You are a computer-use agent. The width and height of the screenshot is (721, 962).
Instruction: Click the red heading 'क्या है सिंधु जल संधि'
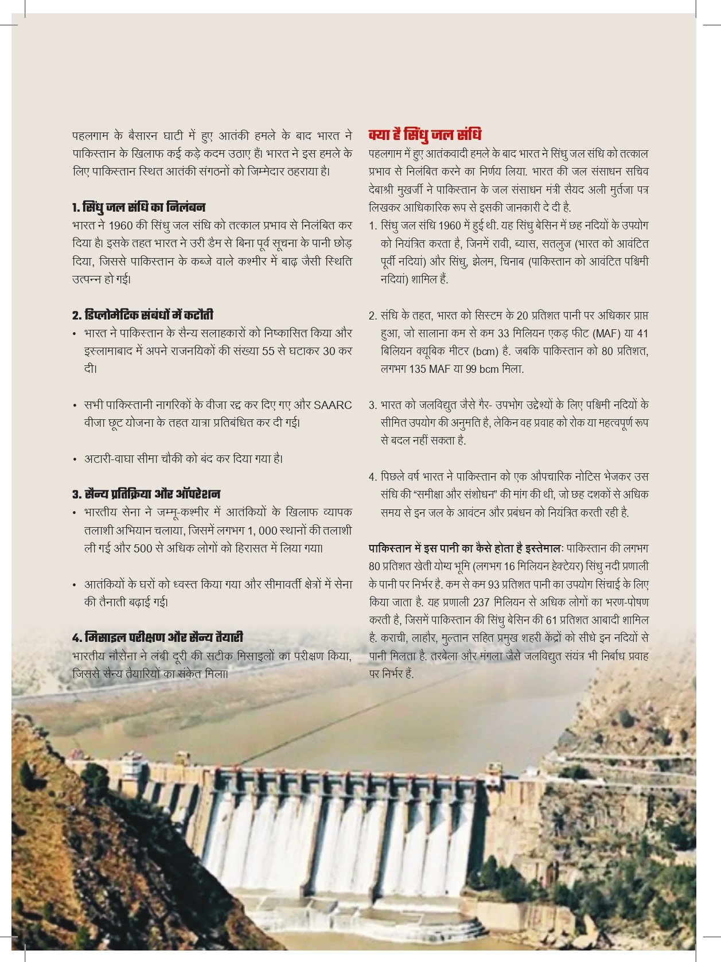tap(424, 135)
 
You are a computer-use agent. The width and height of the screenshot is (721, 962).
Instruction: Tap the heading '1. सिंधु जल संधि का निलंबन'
tap(139, 207)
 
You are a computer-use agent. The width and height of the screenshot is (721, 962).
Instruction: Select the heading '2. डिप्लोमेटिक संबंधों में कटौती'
tap(143, 315)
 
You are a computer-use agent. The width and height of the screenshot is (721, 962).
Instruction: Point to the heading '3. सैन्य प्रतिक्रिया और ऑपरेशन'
tap(146, 494)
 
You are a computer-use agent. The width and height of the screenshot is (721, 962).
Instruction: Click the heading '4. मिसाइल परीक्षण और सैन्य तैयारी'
tap(158, 637)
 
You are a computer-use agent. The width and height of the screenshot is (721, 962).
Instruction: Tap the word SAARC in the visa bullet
tap(333, 405)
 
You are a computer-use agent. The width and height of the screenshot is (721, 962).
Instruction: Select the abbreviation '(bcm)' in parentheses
tap(485, 351)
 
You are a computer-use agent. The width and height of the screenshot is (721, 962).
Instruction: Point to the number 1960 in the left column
tap(120, 225)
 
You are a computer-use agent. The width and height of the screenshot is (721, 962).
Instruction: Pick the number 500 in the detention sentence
tap(143, 548)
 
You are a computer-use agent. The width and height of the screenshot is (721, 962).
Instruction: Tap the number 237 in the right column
tap(480, 602)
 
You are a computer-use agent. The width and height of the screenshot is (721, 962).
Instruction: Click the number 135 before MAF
tap(418, 369)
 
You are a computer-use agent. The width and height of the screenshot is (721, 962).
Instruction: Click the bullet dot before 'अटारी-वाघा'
tap(75, 459)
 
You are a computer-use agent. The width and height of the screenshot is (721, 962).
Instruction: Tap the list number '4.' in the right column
tap(373, 477)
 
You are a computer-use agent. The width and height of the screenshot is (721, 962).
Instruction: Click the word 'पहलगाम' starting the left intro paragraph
tap(91, 136)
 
